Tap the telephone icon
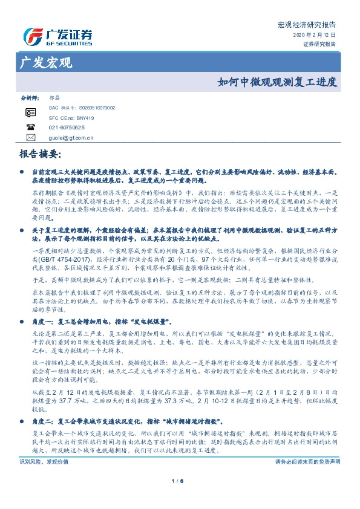click(x=30, y=127)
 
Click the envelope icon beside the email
click(x=30, y=137)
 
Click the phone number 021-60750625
click(x=67, y=128)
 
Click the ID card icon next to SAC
click(x=30, y=113)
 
